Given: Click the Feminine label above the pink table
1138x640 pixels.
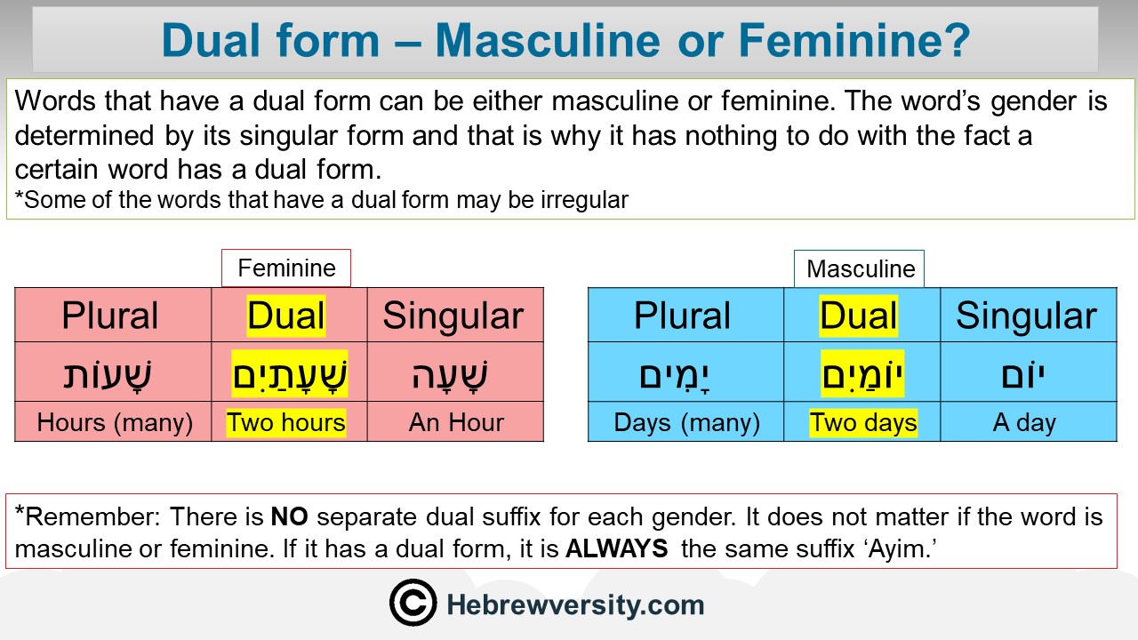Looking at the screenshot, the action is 286,268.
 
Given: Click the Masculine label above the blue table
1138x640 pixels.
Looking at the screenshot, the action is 861,268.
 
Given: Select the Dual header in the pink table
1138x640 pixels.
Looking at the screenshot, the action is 286,316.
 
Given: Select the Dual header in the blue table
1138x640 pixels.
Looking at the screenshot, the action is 859,316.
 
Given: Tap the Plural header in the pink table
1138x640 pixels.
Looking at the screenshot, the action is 109,316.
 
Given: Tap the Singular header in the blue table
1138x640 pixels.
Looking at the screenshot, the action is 1026,316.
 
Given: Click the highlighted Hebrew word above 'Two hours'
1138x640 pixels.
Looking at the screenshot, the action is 290,374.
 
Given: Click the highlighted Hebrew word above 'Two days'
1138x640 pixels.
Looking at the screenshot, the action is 862,374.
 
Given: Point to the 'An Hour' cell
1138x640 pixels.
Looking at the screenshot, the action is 456,422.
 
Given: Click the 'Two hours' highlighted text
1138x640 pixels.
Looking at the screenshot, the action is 286,422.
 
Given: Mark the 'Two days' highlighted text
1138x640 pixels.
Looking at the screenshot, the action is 863,422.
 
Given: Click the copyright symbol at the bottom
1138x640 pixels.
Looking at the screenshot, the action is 413,603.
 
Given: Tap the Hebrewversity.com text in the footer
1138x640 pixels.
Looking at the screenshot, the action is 575,605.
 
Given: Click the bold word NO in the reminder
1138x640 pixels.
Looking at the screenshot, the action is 290,517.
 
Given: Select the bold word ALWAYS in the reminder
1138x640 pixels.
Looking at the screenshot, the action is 617,549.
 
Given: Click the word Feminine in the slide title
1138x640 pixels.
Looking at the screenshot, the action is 854,41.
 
